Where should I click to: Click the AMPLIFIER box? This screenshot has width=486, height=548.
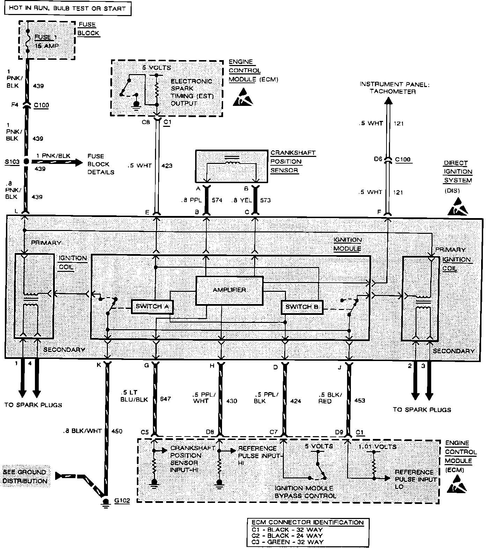(x=229, y=290)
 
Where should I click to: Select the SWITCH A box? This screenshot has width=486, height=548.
(x=152, y=307)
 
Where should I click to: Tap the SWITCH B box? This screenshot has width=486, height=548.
(x=302, y=307)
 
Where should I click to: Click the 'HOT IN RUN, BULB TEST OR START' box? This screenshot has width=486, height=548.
(x=67, y=8)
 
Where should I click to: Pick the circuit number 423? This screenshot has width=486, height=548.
(x=167, y=166)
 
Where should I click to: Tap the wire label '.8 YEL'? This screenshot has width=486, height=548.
(x=241, y=200)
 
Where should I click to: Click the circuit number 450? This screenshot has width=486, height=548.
(x=116, y=431)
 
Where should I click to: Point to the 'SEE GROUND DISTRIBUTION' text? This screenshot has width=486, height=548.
(x=25, y=476)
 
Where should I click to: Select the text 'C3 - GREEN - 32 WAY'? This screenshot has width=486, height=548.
(x=287, y=542)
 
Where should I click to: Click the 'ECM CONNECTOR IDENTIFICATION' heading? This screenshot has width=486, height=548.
(x=308, y=522)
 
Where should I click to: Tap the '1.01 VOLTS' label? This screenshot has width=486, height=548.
(x=377, y=447)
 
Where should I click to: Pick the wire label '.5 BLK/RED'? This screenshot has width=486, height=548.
(x=330, y=398)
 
